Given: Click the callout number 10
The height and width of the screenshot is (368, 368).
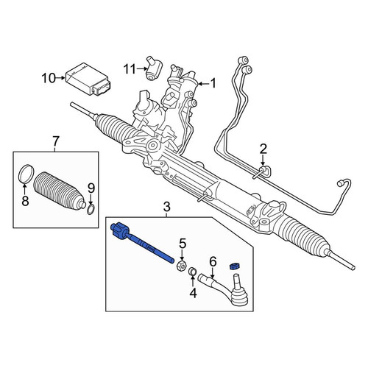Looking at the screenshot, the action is click(49, 79).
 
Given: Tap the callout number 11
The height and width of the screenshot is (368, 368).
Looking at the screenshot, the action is click(130, 69).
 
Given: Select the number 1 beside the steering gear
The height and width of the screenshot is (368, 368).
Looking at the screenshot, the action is click(213, 83).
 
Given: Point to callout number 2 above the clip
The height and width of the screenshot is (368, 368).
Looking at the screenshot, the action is click(263, 149).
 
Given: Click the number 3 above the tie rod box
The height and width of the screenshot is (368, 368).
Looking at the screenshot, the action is click(166, 207).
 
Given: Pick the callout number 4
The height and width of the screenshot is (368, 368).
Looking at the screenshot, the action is click(194, 293).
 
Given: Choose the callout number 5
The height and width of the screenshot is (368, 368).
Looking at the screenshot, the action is click(183, 244).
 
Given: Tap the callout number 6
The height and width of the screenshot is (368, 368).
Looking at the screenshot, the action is click(213, 261).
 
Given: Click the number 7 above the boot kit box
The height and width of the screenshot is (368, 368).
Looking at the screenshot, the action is click(56, 141).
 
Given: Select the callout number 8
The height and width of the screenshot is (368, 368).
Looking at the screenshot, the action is click(25, 201).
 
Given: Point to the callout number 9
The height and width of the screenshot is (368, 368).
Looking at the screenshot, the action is click(91, 188).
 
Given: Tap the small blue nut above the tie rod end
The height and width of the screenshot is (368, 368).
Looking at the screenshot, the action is click(234, 266).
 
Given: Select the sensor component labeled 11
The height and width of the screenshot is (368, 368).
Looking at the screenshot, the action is click(154, 68).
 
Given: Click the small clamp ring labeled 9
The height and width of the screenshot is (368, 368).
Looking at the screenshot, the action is click(91, 210).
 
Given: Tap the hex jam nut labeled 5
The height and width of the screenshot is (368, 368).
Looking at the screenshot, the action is click(182, 266).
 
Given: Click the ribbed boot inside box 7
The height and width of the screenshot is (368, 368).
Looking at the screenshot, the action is click(58, 191).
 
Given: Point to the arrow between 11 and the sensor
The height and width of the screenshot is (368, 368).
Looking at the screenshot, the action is click(142, 69).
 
